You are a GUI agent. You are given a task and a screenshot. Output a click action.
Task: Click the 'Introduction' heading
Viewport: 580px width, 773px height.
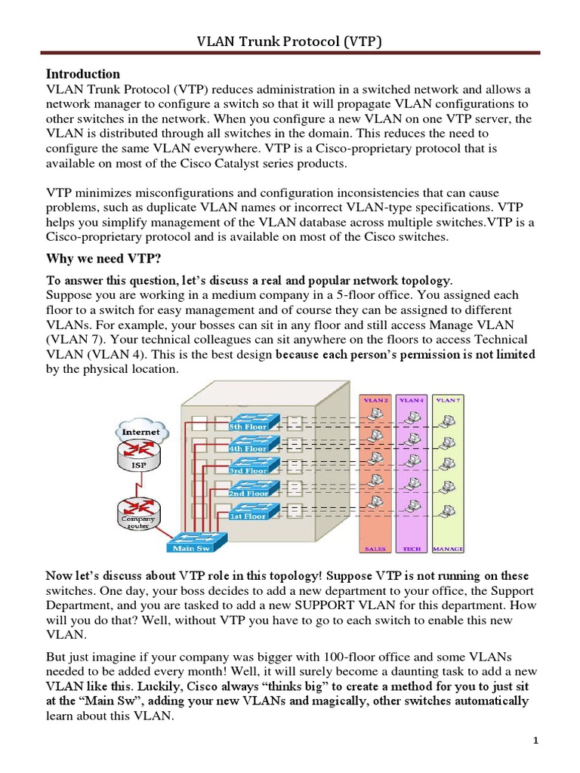click(83, 74)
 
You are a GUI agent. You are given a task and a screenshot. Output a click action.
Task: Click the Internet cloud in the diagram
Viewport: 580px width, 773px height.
click(140, 432)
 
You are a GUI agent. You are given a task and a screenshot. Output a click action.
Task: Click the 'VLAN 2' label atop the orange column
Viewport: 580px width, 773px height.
click(375, 400)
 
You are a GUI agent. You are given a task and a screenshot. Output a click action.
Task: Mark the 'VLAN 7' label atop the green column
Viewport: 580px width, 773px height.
click(448, 400)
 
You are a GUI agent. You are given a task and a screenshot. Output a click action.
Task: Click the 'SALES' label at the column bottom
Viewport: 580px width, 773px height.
click(375, 549)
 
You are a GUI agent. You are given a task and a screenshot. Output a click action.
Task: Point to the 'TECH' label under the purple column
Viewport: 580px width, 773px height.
click(412, 549)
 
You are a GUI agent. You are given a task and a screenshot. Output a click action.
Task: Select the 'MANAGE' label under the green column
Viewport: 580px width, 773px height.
click(448, 549)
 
